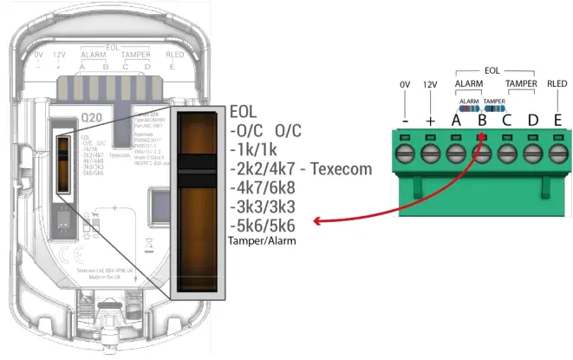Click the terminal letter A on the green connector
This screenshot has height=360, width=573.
[x=455, y=120]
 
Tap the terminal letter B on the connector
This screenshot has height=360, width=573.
[x=481, y=120]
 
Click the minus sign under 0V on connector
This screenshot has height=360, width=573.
[x=405, y=120]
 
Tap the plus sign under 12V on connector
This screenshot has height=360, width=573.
[x=430, y=120]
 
